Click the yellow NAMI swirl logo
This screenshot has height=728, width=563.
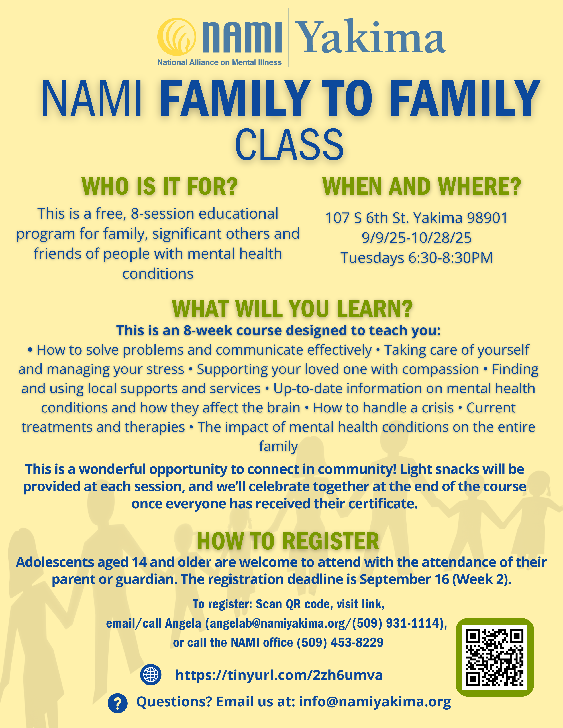coord(177,37)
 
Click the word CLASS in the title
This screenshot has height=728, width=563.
coord(289,144)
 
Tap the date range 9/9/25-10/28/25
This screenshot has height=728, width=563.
coord(417,238)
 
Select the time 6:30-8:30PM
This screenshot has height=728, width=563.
coord(451,258)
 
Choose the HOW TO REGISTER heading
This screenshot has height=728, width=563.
coord(288,541)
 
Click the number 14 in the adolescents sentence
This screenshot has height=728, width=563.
coord(139,562)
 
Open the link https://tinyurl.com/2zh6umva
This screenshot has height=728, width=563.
coord(279,675)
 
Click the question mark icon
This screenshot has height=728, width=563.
coord(117,703)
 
